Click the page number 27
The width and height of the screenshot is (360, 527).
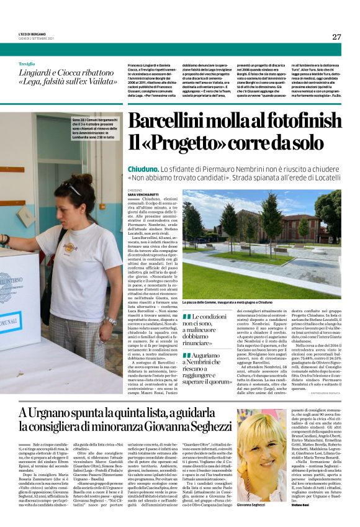[336, 37]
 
